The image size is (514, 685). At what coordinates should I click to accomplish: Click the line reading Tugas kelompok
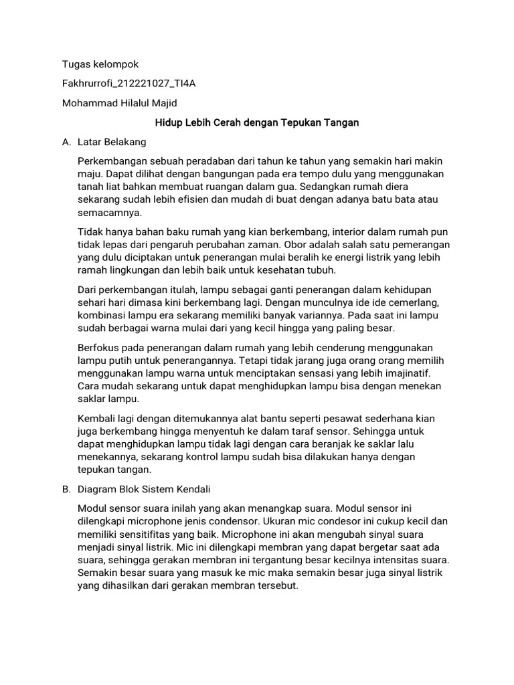pyautogui.click(x=100, y=65)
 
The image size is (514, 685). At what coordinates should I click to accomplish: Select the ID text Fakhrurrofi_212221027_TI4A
pyautogui.click(x=128, y=84)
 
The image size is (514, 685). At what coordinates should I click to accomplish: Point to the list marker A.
pyautogui.click(x=66, y=142)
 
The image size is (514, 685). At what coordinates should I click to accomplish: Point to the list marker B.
pyautogui.click(x=66, y=489)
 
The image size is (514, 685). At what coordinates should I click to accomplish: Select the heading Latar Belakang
pyautogui.click(x=112, y=142)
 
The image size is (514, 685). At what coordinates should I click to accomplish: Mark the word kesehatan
pyautogui.click(x=280, y=270)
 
